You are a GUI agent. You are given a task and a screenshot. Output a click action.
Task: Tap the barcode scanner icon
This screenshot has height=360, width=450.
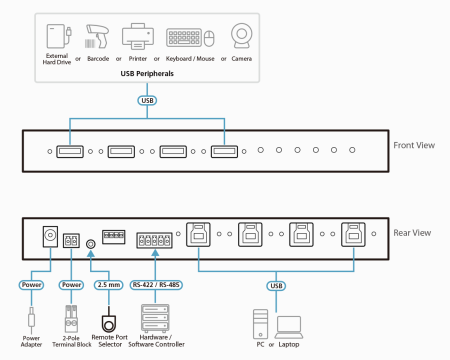point(97,37)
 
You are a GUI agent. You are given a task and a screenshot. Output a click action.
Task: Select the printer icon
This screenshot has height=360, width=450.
point(135,37)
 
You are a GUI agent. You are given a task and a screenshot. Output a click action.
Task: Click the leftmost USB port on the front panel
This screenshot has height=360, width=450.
point(71,152)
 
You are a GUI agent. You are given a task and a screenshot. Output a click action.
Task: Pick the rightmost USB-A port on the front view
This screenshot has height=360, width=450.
point(225,152)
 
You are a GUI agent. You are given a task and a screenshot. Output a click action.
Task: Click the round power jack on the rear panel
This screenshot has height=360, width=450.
point(47,237)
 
